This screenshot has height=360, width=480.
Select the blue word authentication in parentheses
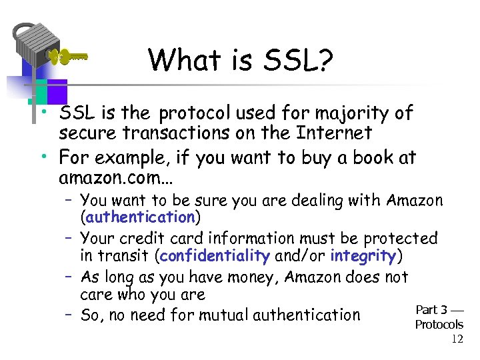(x=139, y=217)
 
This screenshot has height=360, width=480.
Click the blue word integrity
(x=363, y=255)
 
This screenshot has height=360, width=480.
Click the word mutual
(x=219, y=314)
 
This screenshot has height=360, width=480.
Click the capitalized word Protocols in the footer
(x=439, y=325)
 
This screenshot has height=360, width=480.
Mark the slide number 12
(x=457, y=339)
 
